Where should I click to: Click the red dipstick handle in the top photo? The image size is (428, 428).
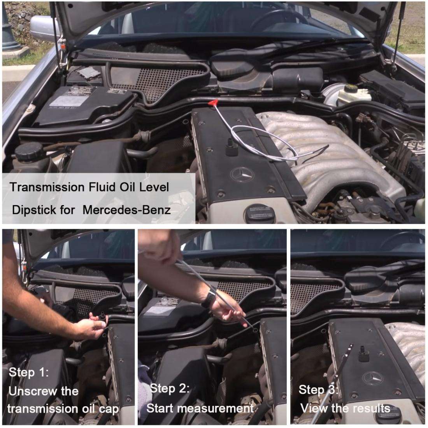[x=213, y=103]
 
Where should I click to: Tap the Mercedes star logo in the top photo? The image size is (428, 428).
[x=242, y=174]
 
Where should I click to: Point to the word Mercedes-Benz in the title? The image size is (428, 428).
[x=126, y=210]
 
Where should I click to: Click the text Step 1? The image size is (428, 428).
[x=29, y=372]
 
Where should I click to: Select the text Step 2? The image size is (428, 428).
[x=170, y=388]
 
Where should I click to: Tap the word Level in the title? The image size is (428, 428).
[x=154, y=187]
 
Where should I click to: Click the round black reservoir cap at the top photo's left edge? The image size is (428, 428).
[x=29, y=151]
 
